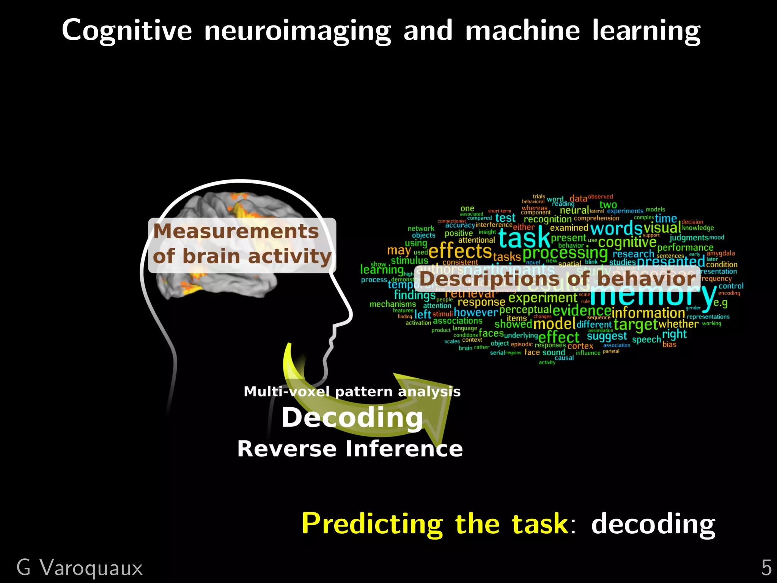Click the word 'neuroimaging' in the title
tap(297, 31)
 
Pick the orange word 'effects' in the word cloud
tap(460, 251)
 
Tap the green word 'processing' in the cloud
tap(565, 253)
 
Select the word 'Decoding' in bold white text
tap(352, 418)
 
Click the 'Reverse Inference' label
tap(350, 449)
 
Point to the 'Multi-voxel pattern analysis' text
tap(352, 391)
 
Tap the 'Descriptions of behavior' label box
tap(558, 279)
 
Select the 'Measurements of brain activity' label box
tap(242, 244)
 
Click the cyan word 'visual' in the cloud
tap(662, 228)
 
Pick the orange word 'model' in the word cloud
tap(554, 324)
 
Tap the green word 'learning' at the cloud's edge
tap(381, 270)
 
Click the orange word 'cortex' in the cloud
tap(580, 346)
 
